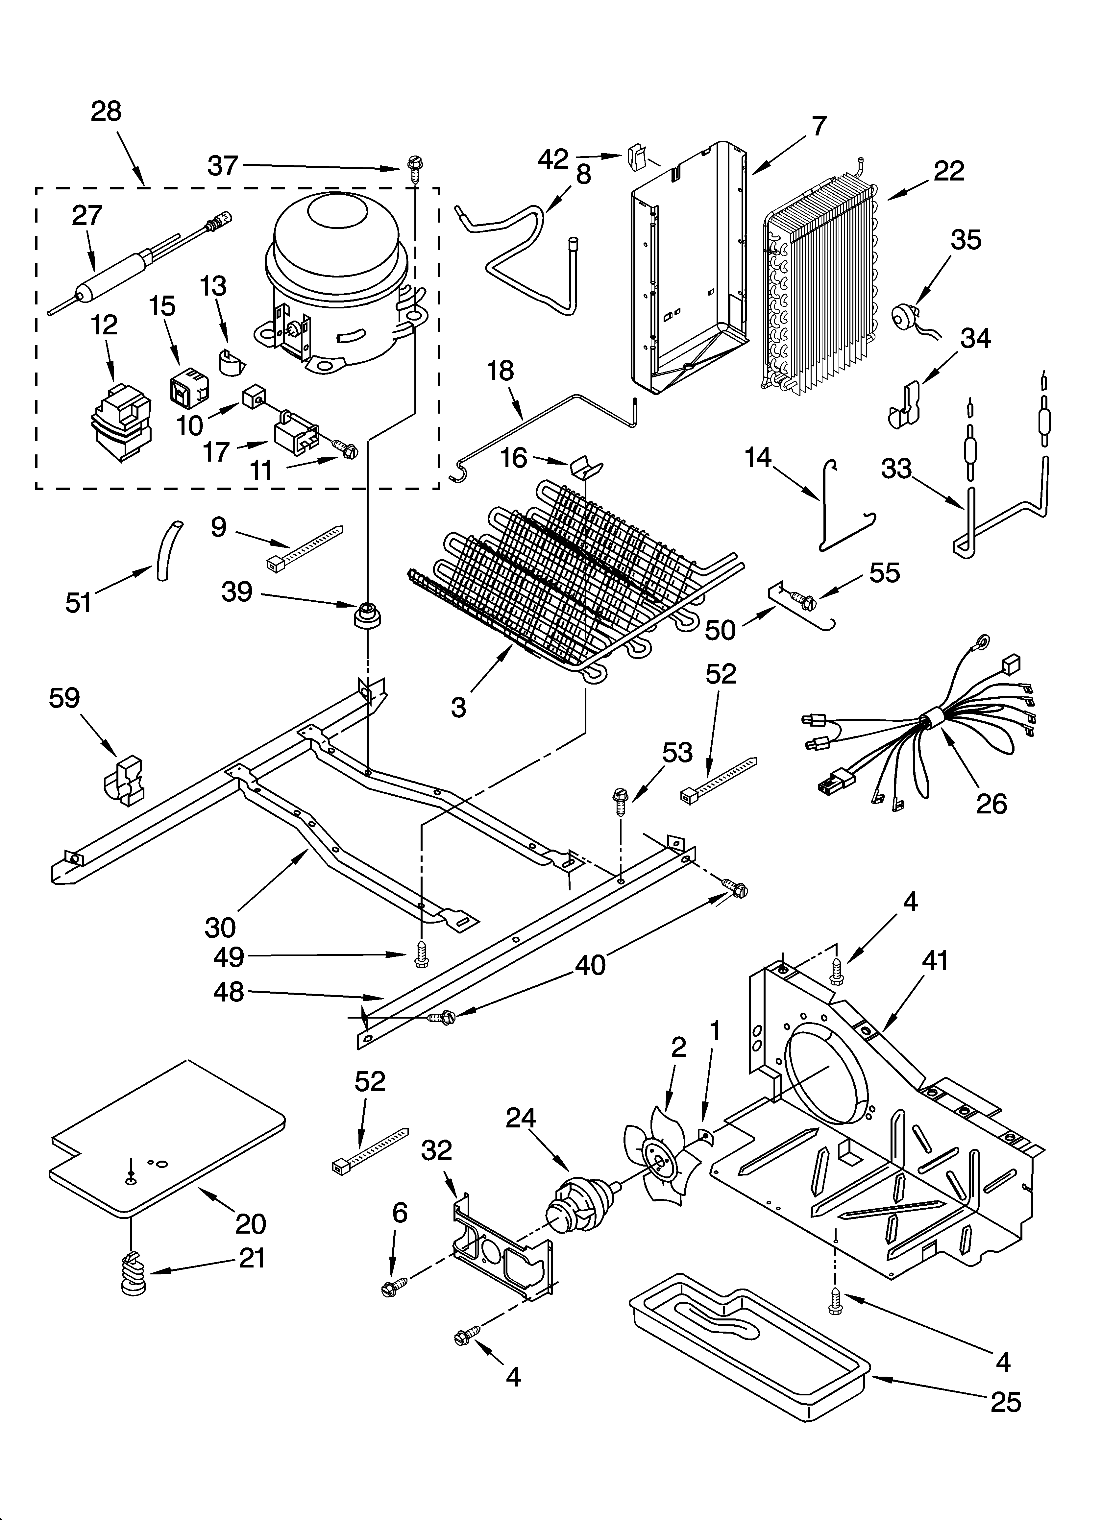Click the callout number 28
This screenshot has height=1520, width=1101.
(106, 110)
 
